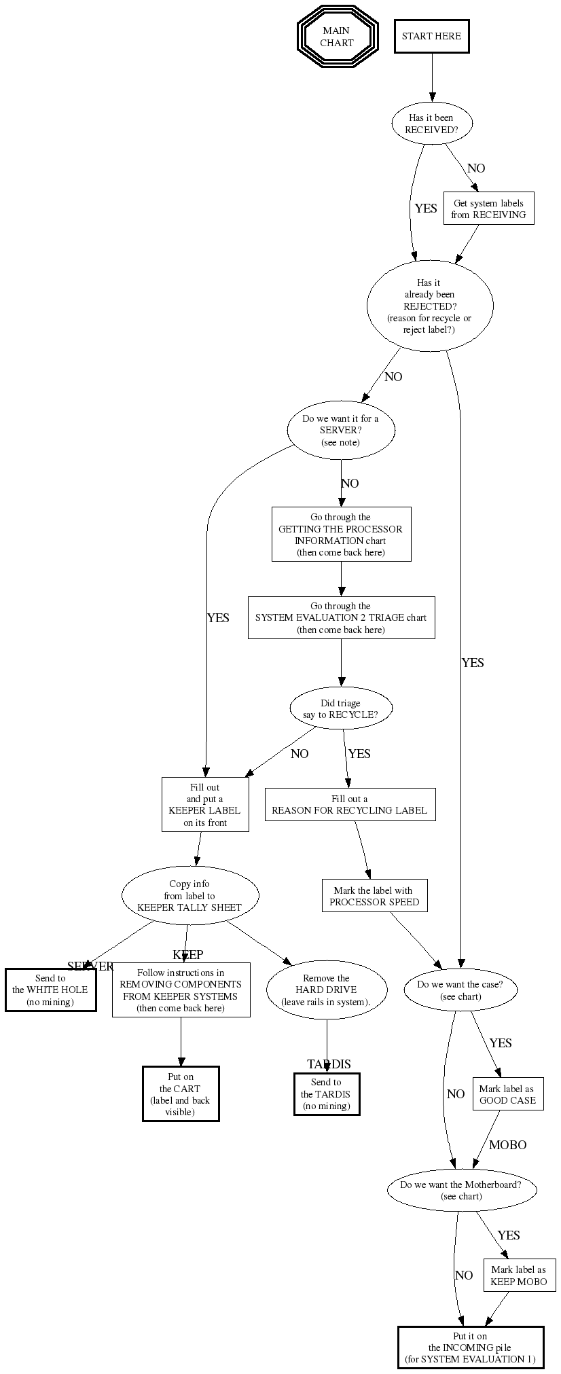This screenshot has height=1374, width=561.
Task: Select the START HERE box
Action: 431,37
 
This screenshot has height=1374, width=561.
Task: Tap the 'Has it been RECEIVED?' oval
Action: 431,124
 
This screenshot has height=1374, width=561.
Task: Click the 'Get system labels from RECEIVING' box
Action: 488,209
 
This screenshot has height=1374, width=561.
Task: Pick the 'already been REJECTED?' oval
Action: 429,306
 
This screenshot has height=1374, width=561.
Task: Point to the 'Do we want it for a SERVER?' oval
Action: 340,431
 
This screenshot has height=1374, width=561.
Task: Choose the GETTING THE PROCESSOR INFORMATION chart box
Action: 341,535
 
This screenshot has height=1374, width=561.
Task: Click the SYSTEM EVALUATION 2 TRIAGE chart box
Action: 341,618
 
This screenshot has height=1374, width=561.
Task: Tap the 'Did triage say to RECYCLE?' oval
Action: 340,709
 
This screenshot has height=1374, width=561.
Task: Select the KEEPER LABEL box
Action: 205,805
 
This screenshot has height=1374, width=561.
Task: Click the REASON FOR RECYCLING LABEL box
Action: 350,805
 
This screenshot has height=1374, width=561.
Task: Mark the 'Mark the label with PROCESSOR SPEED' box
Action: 374,897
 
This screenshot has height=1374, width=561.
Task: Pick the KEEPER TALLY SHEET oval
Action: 189,895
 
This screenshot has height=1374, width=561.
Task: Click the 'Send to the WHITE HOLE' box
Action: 51,990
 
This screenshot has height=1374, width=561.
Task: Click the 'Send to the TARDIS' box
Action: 326,1094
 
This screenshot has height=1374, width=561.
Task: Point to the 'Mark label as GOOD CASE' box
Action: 508,1094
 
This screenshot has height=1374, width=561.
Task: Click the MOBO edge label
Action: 508,1145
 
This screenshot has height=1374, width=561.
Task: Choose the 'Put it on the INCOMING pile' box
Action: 471,1348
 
